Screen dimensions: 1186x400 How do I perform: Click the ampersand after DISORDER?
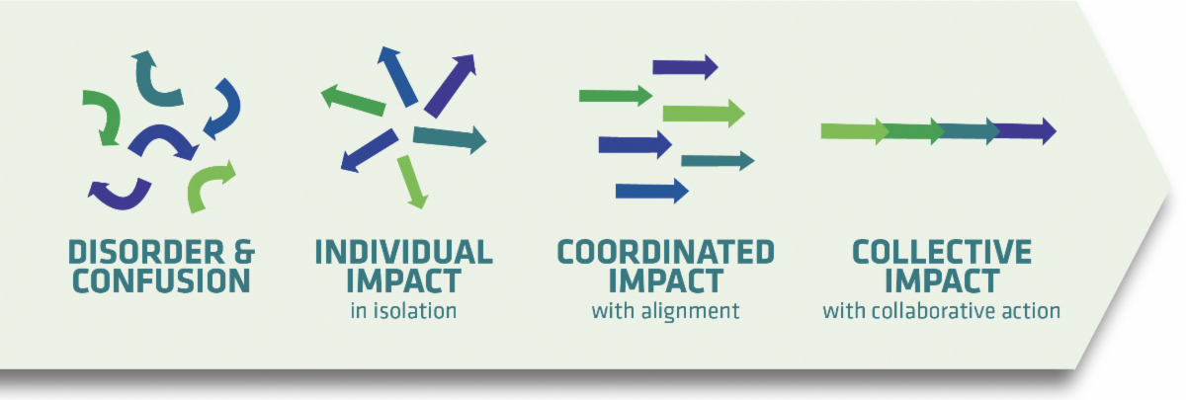(244, 252)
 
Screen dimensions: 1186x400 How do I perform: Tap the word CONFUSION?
(161, 280)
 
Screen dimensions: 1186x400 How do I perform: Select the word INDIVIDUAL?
(403, 252)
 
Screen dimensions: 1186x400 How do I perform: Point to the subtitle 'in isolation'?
(403, 310)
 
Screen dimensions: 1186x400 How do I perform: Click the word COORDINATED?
(665, 252)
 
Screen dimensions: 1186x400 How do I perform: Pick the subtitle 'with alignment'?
(665, 311)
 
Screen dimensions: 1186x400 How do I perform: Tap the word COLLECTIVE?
(941, 252)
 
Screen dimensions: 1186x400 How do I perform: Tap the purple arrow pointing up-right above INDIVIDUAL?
(451, 85)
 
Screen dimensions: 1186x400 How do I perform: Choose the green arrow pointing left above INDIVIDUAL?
(353, 100)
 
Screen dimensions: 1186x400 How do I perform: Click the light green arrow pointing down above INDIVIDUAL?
(412, 182)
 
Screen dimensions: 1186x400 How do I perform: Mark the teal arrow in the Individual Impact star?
(450, 138)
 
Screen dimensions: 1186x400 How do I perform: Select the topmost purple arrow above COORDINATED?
(685, 67)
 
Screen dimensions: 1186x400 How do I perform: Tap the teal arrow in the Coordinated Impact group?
(718, 160)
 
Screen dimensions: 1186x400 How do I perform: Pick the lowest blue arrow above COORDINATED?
(651, 191)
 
